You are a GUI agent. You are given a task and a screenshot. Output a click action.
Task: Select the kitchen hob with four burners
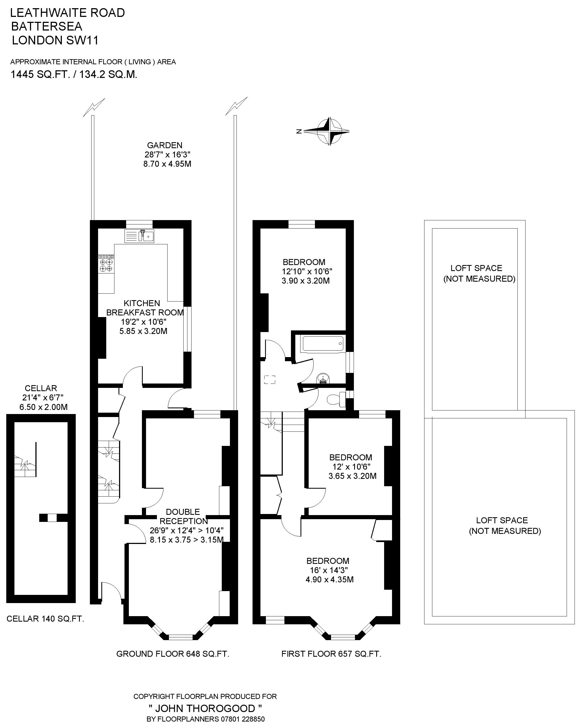pos(106,264)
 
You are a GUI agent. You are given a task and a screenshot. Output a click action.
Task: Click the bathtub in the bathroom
pos(323,344)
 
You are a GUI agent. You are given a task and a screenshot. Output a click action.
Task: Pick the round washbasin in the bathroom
pos(323,379)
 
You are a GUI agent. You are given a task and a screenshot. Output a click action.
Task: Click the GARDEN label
pos(165,145)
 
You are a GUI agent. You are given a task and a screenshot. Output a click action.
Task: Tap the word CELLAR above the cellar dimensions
pos(41,388)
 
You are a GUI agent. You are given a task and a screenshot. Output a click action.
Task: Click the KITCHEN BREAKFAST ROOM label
pos(145,308)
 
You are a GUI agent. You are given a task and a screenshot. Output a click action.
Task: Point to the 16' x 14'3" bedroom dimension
pos(329,570)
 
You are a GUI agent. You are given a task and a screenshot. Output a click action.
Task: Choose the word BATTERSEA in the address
pos(47,26)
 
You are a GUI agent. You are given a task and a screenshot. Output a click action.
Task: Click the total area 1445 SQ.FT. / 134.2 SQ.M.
pos(74,74)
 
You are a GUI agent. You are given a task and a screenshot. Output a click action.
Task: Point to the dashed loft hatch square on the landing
pos(270,380)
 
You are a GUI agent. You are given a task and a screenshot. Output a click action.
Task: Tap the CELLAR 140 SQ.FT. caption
pos(45,619)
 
